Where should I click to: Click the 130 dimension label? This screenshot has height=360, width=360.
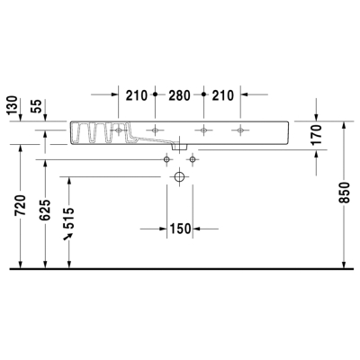click(x=13, y=105)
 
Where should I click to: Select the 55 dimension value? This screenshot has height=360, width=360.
click(x=38, y=106)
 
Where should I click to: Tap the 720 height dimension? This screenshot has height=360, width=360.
click(x=21, y=205)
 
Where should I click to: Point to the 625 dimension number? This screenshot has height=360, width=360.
click(x=45, y=210)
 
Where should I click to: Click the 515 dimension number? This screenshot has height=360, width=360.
click(x=69, y=218)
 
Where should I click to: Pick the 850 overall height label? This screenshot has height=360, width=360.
click(x=345, y=193)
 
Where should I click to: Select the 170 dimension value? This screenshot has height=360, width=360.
click(x=317, y=135)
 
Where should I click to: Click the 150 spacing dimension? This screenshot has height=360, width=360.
click(x=180, y=229)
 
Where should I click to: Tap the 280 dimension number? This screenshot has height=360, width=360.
click(x=179, y=95)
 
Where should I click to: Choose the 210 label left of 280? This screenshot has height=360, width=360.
click(x=137, y=95)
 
